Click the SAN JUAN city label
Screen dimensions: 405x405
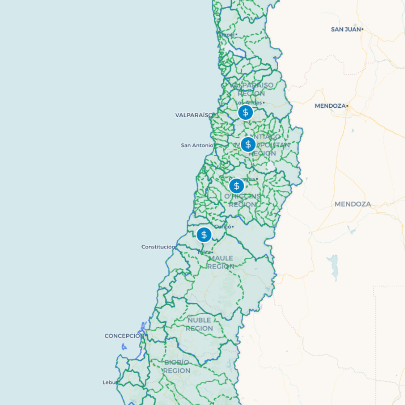click(346, 29)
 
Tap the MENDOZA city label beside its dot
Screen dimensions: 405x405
click(330, 106)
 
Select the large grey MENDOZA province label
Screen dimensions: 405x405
click(352, 204)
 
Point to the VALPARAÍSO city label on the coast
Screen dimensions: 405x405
click(193, 115)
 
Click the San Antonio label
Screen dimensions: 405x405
click(197, 145)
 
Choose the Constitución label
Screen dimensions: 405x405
click(158, 247)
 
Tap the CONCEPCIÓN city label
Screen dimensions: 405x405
click(124, 336)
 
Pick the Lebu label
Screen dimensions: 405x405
click(109, 382)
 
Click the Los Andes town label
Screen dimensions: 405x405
click(249, 102)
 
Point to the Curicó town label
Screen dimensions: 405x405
click(223, 226)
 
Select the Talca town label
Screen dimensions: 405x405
click(204, 252)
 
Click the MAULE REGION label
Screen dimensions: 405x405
click(221, 262)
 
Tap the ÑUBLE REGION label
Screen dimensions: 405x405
click(199, 324)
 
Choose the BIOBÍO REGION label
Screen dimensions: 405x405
click(177, 366)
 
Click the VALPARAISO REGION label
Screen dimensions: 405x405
click(251, 89)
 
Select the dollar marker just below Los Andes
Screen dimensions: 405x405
click(246, 112)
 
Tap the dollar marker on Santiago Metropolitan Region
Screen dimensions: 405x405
click(248, 144)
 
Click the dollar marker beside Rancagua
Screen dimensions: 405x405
click(237, 186)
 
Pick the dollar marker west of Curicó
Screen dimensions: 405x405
click(204, 235)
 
